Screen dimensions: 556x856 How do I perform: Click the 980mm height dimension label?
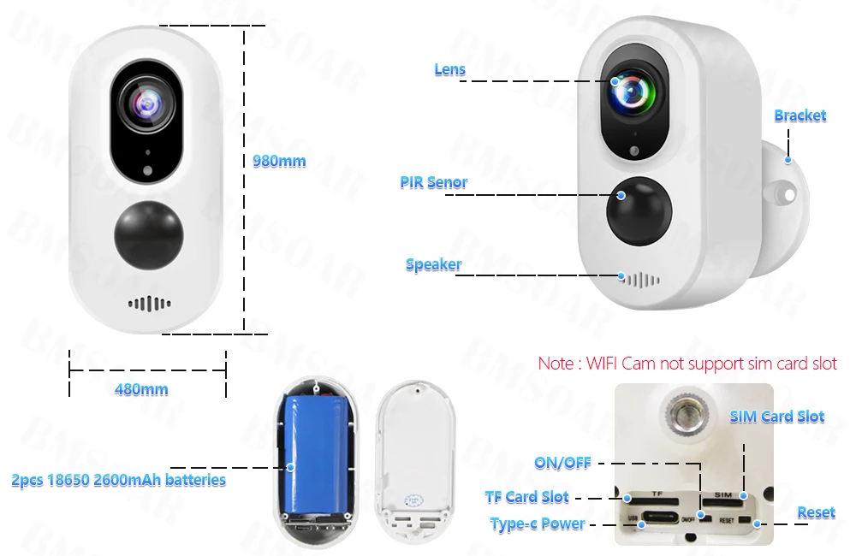point(279,161)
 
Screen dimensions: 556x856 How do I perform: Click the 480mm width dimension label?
point(141,389)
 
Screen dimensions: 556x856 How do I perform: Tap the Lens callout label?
point(449,70)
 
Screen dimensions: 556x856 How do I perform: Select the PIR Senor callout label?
point(433,182)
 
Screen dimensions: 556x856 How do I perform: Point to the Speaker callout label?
point(433,265)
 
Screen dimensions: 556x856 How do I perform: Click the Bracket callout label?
point(800,115)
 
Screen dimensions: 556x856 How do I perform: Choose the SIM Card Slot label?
point(776,417)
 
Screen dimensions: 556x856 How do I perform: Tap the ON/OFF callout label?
point(562,463)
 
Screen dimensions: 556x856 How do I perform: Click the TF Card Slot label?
point(526,497)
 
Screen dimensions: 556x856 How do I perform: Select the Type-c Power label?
point(538,523)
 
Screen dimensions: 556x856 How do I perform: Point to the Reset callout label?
point(815,512)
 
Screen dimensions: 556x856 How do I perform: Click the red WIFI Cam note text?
point(687,364)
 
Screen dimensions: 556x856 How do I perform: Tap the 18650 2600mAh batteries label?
point(119,480)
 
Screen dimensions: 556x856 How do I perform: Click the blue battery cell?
point(314,453)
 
